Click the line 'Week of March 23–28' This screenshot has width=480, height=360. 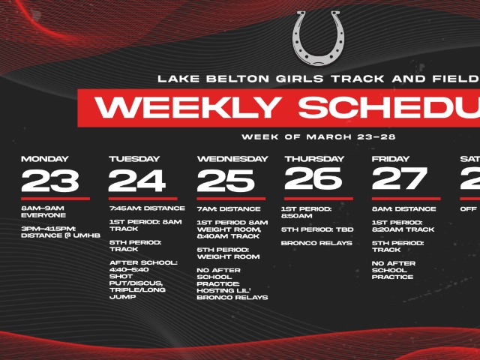pyautogui.click(x=319, y=137)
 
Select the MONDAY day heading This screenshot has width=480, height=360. pyautogui.click(x=45, y=159)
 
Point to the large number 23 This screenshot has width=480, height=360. pyautogui.click(x=50, y=181)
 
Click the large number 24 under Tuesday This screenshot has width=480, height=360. pyautogui.click(x=137, y=181)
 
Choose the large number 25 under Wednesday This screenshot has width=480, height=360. pyautogui.click(x=226, y=181)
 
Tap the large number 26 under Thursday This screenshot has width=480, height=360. pyautogui.click(x=313, y=179)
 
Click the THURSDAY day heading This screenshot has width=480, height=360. pyautogui.click(x=313, y=159)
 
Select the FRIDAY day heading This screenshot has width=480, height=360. pyautogui.click(x=390, y=159)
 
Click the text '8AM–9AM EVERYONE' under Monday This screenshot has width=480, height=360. pyautogui.click(x=43, y=211)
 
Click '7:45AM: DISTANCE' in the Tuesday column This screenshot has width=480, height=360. pyautogui.click(x=147, y=208)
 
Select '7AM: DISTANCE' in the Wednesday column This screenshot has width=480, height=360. pyautogui.click(x=229, y=208)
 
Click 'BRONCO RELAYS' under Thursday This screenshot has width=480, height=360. pyautogui.click(x=311, y=242)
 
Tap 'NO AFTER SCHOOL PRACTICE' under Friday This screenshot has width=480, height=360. pyautogui.click(x=394, y=270)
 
